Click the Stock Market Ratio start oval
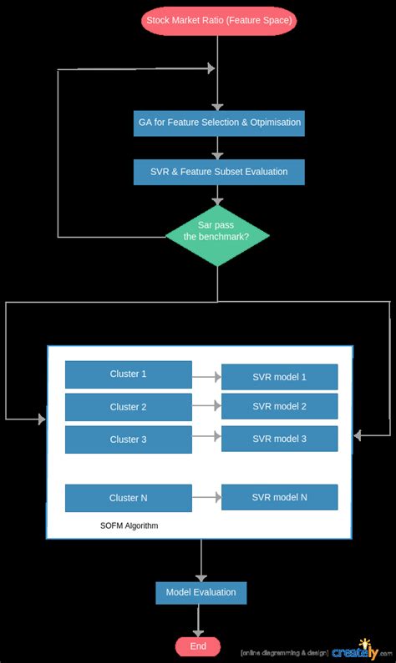(x=220, y=19)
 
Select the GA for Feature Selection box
(x=219, y=123)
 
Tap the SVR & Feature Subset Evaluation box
(x=219, y=172)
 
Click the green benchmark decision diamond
(x=217, y=231)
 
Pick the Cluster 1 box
(x=128, y=374)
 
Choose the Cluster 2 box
(x=128, y=407)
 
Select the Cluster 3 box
(x=128, y=439)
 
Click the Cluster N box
(x=128, y=498)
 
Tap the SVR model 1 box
(x=279, y=377)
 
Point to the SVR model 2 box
(x=279, y=406)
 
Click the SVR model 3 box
(x=279, y=439)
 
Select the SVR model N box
(x=279, y=497)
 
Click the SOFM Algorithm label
(x=129, y=526)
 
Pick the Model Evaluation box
(x=201, y=592)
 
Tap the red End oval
(x=198, y=646)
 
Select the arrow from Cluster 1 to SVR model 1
(x=206, y=377)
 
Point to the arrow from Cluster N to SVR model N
(x=206, y=498)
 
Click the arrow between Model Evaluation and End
(x=199, y=620)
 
